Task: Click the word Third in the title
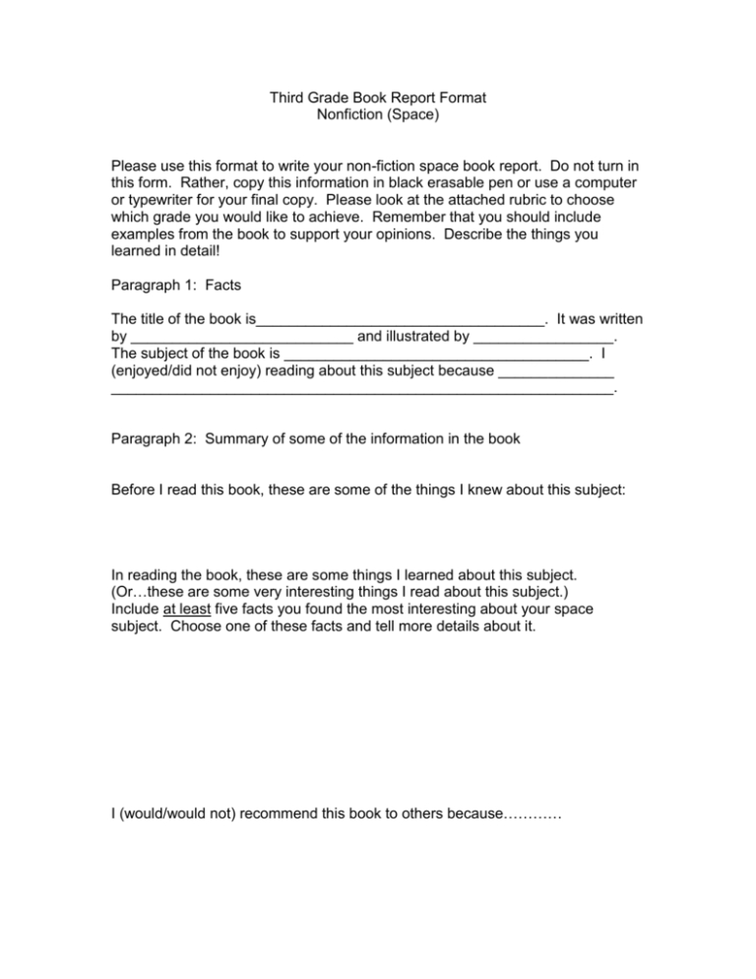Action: coord(288,98)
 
